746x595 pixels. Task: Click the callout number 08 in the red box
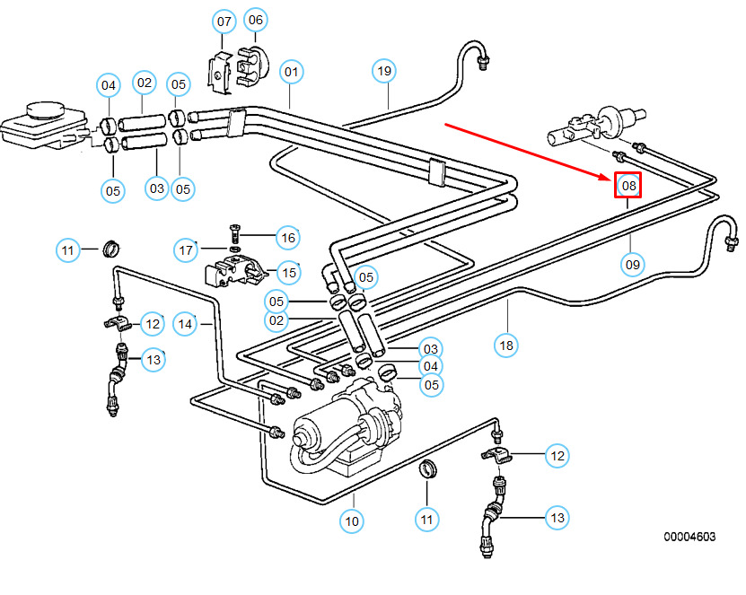(628, 186)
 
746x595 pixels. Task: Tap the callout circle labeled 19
(384, 70)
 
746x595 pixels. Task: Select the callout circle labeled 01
(291, 70)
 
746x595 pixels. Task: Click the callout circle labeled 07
(224, 20)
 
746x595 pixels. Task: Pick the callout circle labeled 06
(256, 20)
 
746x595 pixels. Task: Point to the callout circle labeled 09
(632, 264)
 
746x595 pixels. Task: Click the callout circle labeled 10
(351, 519)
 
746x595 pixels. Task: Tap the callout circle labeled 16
(287, 237)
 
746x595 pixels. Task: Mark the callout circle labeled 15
(287, 272)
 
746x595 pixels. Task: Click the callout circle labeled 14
(185, 323)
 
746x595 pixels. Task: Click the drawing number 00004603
(689, 537)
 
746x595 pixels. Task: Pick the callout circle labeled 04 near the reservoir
(109, 85)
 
